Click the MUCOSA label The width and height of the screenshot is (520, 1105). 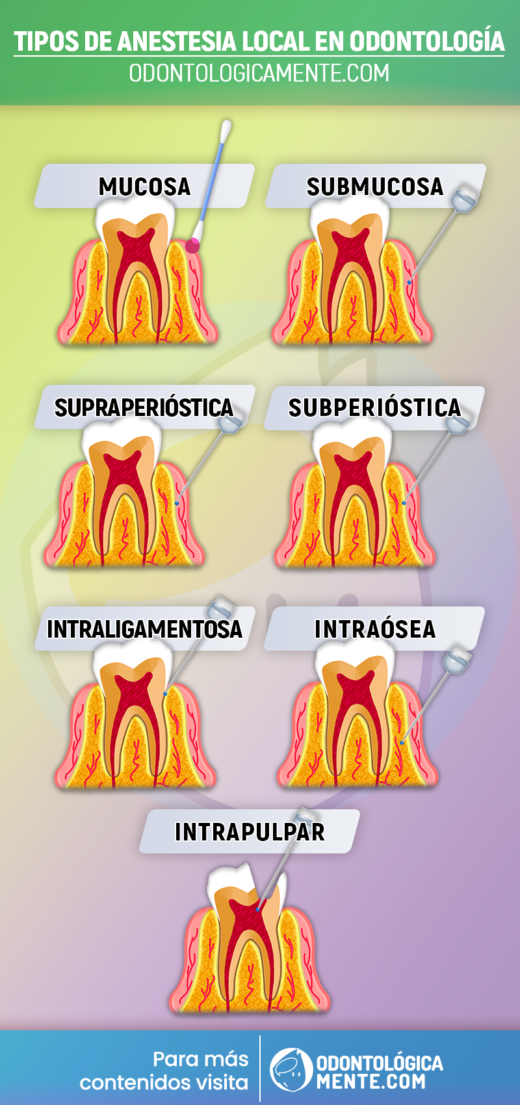click(x=144, y=187)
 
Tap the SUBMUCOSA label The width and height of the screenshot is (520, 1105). click(x=375, y=187)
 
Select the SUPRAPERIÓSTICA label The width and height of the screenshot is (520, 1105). click(x=144, y=408)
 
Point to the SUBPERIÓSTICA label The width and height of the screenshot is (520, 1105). click(x=374, y=408)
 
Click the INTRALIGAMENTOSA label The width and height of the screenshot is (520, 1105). click(x=144, y=629)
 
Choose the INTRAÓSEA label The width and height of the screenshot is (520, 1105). click(x=375, y=629)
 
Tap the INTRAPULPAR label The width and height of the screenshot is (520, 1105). click(x=250, y=832)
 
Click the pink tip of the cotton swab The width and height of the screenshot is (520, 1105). click(x=192, y=245)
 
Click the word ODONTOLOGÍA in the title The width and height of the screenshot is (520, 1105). click(x=427, y=42)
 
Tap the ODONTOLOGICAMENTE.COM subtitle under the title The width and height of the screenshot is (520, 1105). click(x=259, y=73)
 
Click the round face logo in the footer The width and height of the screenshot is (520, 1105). click(x=291, y=1069)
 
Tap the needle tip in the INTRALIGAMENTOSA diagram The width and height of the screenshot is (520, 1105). click(x=165, y=694)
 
